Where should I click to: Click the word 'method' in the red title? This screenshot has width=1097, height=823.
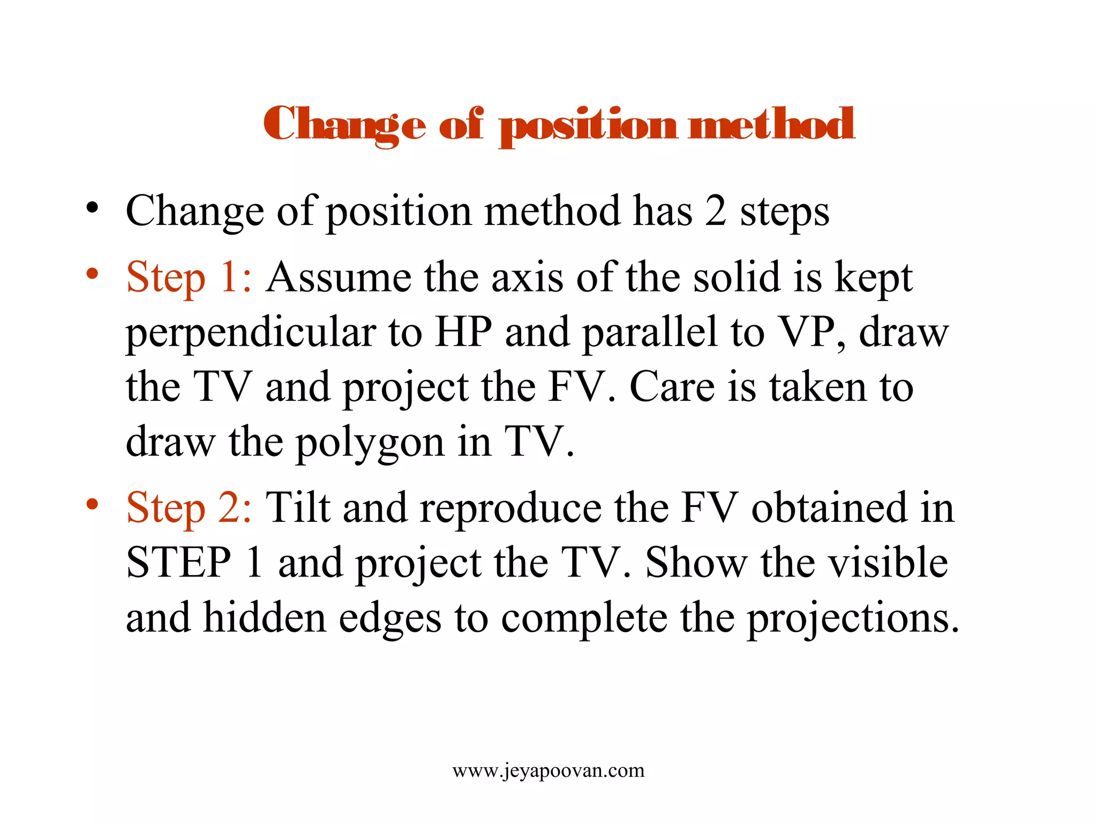coord(771,124)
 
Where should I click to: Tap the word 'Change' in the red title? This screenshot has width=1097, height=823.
coord(344,124)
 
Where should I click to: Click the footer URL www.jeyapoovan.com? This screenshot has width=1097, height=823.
coord(548,770)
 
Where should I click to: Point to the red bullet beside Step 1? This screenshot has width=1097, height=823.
coord(93,274)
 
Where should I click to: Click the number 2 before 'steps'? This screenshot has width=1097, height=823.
coord(716,211)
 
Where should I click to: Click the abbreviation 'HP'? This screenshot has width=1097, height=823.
coord(463,332)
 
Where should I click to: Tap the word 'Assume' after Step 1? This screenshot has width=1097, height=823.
coord(339,278)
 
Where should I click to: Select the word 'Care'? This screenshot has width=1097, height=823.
coord(672,387)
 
